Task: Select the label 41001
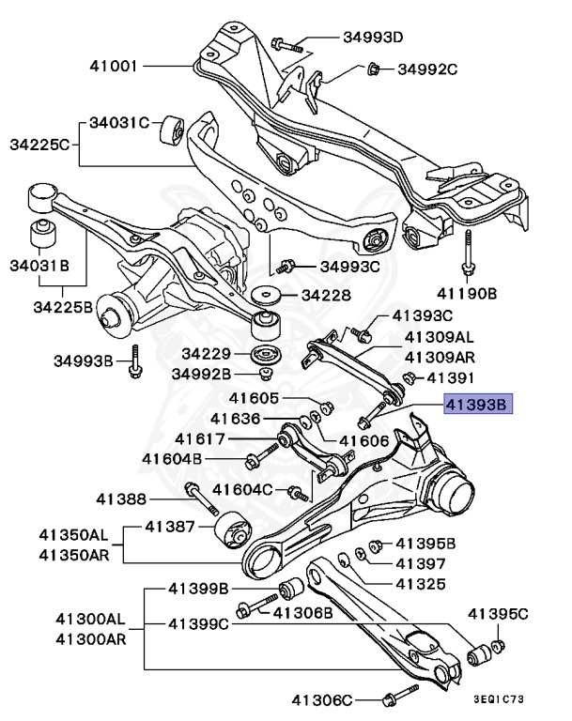click(x=115, y=67)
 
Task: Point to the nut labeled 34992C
click(x=371, y=68)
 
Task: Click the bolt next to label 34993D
click(x=286, y=43)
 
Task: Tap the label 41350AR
click(x=73, y=554)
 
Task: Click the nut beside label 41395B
click(x=375, y=544)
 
